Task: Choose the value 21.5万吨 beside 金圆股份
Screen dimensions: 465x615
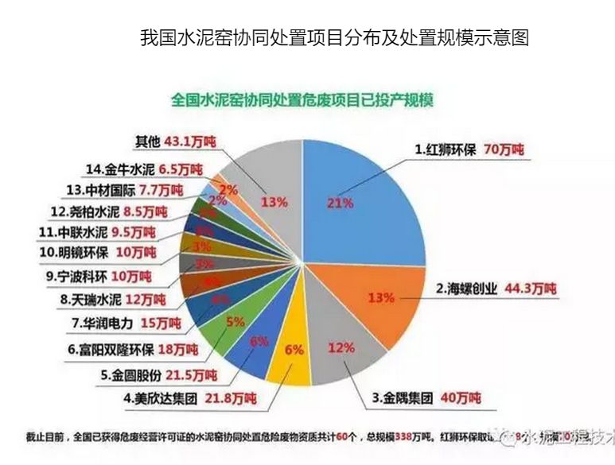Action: (189, 374)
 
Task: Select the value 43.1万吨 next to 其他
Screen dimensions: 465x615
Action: (189, 141)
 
